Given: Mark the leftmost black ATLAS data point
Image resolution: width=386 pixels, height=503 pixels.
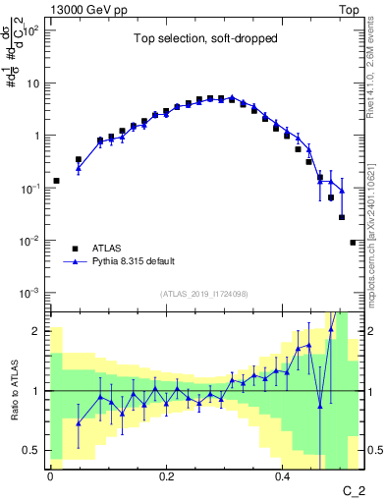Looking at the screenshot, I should pyautogui.click(x=56, y=181).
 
